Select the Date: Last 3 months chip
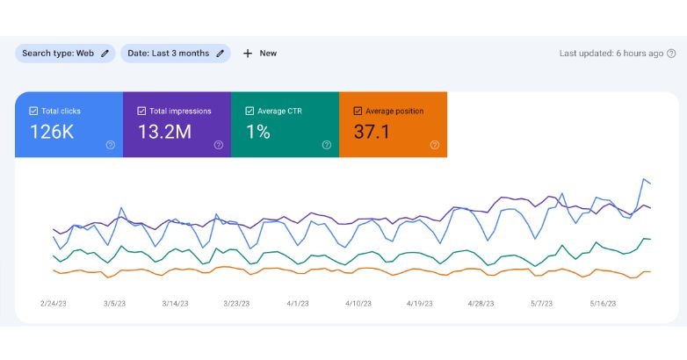pyautogui.click(x=175, y=54)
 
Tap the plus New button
pyautogui.click(x=259, y=54)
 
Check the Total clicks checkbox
pyautogui.click(x=33, y=112)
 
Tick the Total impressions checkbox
pyautogui.click(x=141, y=112)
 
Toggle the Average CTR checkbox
pyautogui.click(x=249, y=112)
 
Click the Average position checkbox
pyautogui.click(x=358, y=112)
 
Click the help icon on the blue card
pyautogui.click(x=111, y=145)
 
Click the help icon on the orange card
pyautogui.click(x=435, y=145)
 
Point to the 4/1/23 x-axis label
pyautogui.click(x=298, y=303)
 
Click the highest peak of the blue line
pyautogui.click(x=644, y=179)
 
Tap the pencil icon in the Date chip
pyautogui.click(x=221, y=54)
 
